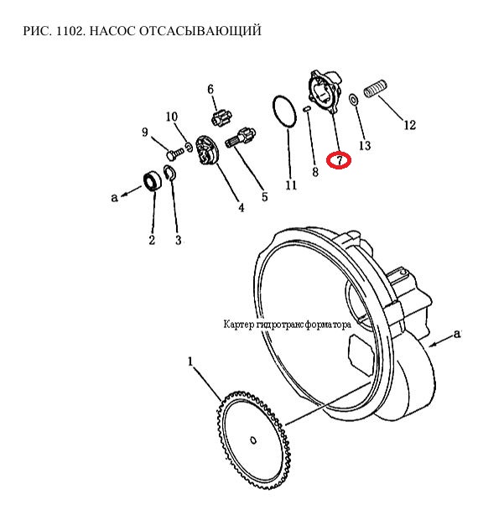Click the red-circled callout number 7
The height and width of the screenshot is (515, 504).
[x=339, y=160]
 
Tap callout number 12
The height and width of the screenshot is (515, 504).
[x=409, y=125]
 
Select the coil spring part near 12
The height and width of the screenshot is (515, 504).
[x=376, y=89]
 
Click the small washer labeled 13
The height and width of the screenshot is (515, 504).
[x=353, y=99]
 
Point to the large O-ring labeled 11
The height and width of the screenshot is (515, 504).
[x=284, y=112]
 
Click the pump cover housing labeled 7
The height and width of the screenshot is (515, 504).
[x=325, y=91]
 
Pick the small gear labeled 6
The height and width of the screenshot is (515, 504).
[x=221, y=118]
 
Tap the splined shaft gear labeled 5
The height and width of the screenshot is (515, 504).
[x=241, y=138]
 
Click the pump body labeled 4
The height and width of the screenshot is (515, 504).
[x=207, y=152]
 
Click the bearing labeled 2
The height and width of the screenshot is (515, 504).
[x=153, y=180]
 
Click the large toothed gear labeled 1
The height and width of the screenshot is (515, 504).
[x=254, y=440]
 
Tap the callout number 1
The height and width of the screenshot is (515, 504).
[x=190, y=362]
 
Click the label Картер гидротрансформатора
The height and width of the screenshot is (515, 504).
[x=287, y=325]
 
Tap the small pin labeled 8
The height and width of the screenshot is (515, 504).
[x=307, y=109]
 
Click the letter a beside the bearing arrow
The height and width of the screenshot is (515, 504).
[x=114, y=197]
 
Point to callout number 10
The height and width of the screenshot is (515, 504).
[x=171, y=117]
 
